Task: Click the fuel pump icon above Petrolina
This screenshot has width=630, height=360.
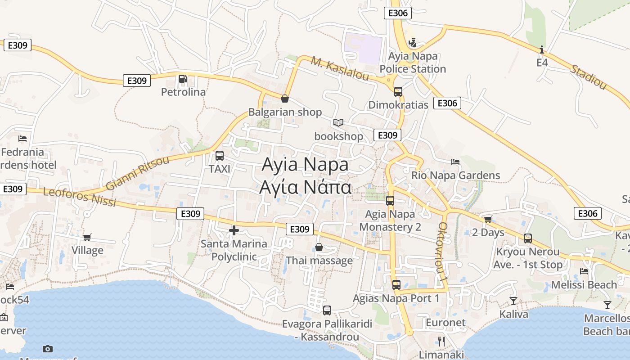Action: tap(183, 79)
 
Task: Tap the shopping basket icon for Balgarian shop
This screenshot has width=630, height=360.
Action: tap(284, 99)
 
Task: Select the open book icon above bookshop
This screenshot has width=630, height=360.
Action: tap(338, 122)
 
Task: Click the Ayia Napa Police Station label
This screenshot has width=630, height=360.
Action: tap(413, 63)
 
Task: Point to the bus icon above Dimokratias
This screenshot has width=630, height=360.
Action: tap(398, 92)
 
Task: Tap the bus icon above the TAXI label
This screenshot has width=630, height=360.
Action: tap(220, 156)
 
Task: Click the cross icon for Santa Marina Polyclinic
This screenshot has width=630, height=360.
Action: tap(234, 230)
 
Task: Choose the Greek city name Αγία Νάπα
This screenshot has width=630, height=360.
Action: tap(305, 187)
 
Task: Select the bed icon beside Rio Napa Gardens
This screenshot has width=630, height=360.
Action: tap(455, 162)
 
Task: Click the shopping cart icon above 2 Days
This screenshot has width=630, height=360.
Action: tap(488, 219)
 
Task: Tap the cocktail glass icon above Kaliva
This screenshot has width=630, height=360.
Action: tap(513, 301)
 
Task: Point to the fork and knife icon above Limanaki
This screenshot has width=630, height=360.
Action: tap(441, 341)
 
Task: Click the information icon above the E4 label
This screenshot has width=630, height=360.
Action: tap(542, 49)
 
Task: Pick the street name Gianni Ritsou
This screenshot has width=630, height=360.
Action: tap(137, 173)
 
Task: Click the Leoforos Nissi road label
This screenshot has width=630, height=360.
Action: tap(80, 198)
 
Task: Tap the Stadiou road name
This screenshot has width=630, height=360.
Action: tap(588, 76)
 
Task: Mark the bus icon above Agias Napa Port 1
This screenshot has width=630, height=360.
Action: tap(396, 284)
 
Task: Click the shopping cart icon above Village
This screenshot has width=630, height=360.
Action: tap(87, 237)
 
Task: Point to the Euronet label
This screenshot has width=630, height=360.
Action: tap(445, 323)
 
